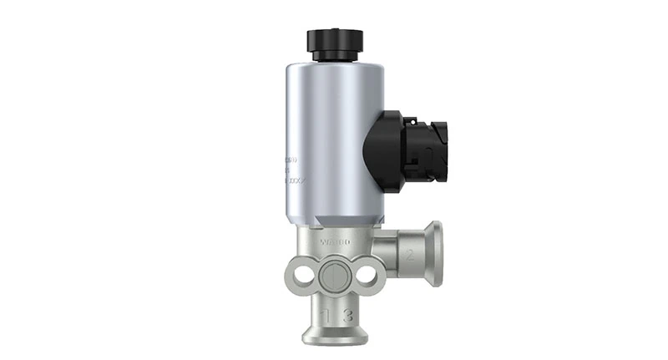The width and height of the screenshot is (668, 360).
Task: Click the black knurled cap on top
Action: pos(335,39)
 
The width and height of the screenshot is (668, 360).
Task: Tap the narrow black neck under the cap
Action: pos(335,56)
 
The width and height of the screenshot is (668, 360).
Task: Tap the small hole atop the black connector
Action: pos(409,119)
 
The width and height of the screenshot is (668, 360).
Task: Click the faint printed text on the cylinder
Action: pos(291,168)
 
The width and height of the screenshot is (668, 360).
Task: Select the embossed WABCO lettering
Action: pos(334,241)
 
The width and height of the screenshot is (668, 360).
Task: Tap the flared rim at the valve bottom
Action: pos(335,337)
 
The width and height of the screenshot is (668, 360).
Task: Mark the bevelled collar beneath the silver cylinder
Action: pos(334,227)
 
